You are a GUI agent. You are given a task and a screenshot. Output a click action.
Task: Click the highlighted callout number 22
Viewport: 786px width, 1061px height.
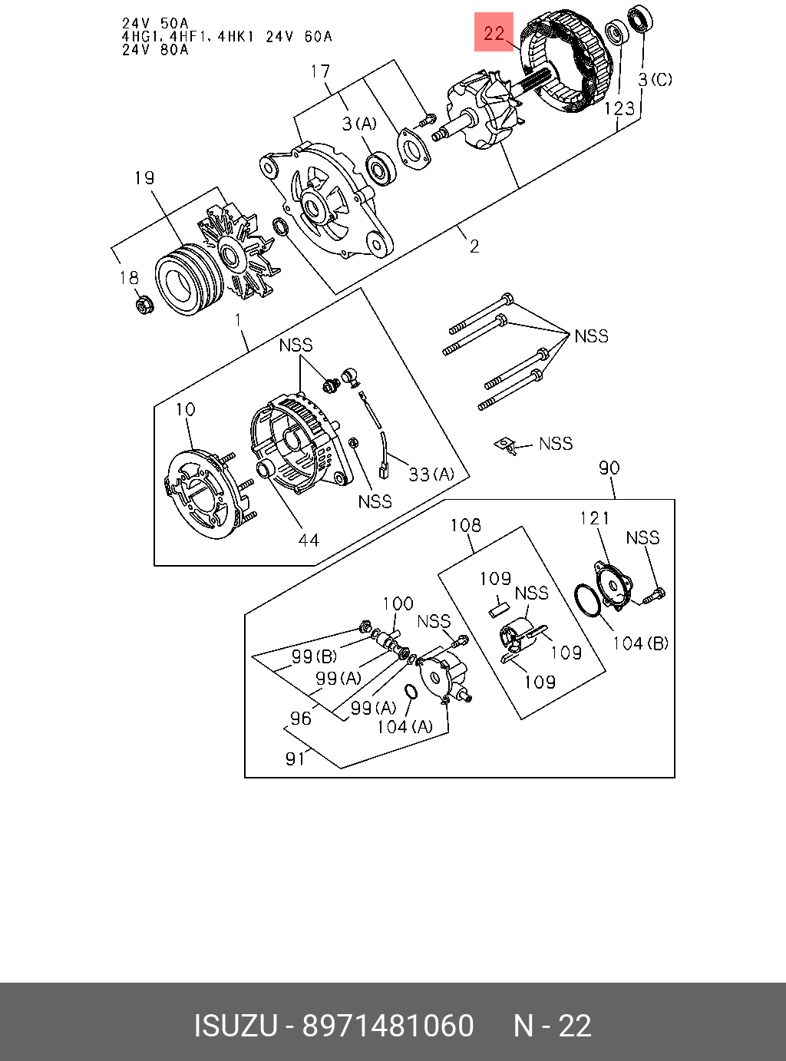tap(494, 33)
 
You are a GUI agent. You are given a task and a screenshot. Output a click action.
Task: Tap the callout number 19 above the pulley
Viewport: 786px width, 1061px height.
tap(144, 178)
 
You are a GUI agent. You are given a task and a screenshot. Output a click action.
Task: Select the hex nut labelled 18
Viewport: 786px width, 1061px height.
tap(144, 305)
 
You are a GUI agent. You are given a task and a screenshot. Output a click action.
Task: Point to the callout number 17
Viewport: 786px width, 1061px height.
tap(321, 71)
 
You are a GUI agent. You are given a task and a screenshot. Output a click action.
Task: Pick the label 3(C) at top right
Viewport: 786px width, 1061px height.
tap(656, 79)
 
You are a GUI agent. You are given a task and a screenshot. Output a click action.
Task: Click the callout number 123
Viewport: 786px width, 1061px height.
tap(619, 108)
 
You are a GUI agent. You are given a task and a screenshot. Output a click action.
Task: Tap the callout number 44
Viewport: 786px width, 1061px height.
tap(309, 540)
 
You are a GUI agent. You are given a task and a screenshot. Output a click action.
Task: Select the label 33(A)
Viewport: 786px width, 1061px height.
tap(431, 474)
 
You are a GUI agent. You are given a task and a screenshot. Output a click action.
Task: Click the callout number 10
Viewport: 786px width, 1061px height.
tap(186, 409)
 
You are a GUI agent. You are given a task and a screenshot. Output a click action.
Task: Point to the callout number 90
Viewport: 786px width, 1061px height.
tap(609, 468)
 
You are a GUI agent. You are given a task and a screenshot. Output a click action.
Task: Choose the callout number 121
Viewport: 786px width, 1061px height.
tap(595, 518)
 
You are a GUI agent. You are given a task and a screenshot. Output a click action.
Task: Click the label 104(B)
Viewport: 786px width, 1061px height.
tap(640, 643)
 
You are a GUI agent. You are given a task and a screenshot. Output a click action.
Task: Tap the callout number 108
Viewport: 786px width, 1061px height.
tap(465, 525)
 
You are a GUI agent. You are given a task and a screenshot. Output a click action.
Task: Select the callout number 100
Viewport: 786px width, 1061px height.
tap(398, 603)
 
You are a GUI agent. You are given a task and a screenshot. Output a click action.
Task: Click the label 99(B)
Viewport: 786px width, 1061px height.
tap(314, 656)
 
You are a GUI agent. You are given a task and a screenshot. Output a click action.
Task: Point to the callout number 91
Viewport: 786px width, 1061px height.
tap(296, 759)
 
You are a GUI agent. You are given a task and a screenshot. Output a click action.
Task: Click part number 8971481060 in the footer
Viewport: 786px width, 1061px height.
tap(388, 1026)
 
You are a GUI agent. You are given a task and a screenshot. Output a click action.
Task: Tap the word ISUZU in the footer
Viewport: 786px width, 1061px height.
tap(234, 1026)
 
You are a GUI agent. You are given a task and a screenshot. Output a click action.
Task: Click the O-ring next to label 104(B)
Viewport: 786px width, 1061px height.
tap(588, 600)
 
